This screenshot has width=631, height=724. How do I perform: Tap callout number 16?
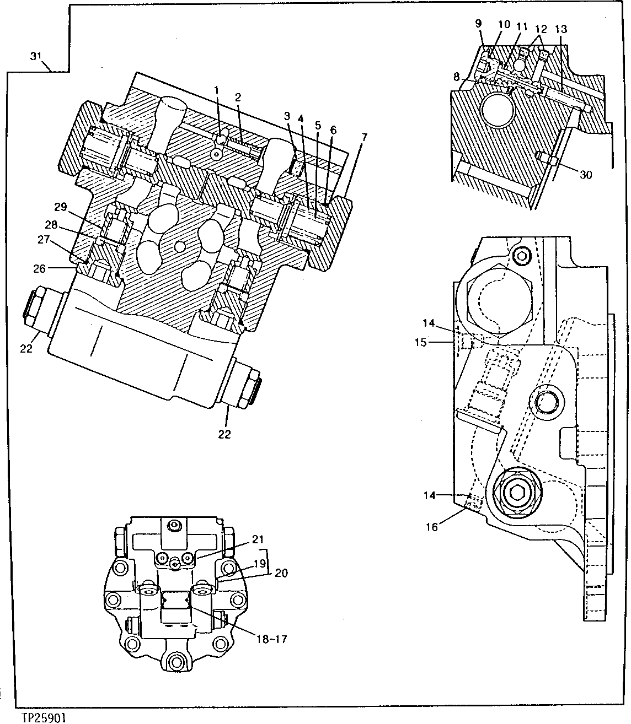(x=431, y=527)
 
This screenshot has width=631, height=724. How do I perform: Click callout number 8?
(x=456, y=77)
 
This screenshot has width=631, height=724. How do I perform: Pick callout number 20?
(x=281, y=573)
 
